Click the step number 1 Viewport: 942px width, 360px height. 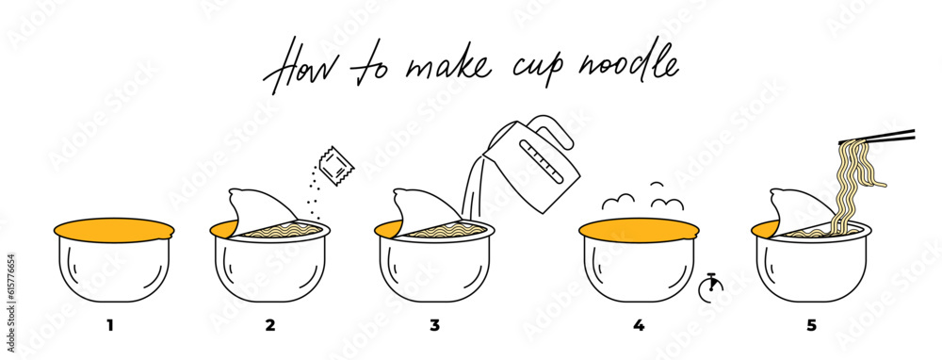click(x=110, y=326)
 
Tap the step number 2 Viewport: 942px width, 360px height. click(x=270, y=326)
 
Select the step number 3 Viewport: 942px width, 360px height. click(x=434, y=326)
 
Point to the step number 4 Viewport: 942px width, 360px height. click(x=639, y=326)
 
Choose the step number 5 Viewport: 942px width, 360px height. click(x=811, y=326)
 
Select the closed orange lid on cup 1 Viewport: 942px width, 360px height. click(x=113, y=229)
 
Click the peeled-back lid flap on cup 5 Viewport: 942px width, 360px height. click(x=796, y=207)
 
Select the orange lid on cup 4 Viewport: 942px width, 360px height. click(x=639, y=229)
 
